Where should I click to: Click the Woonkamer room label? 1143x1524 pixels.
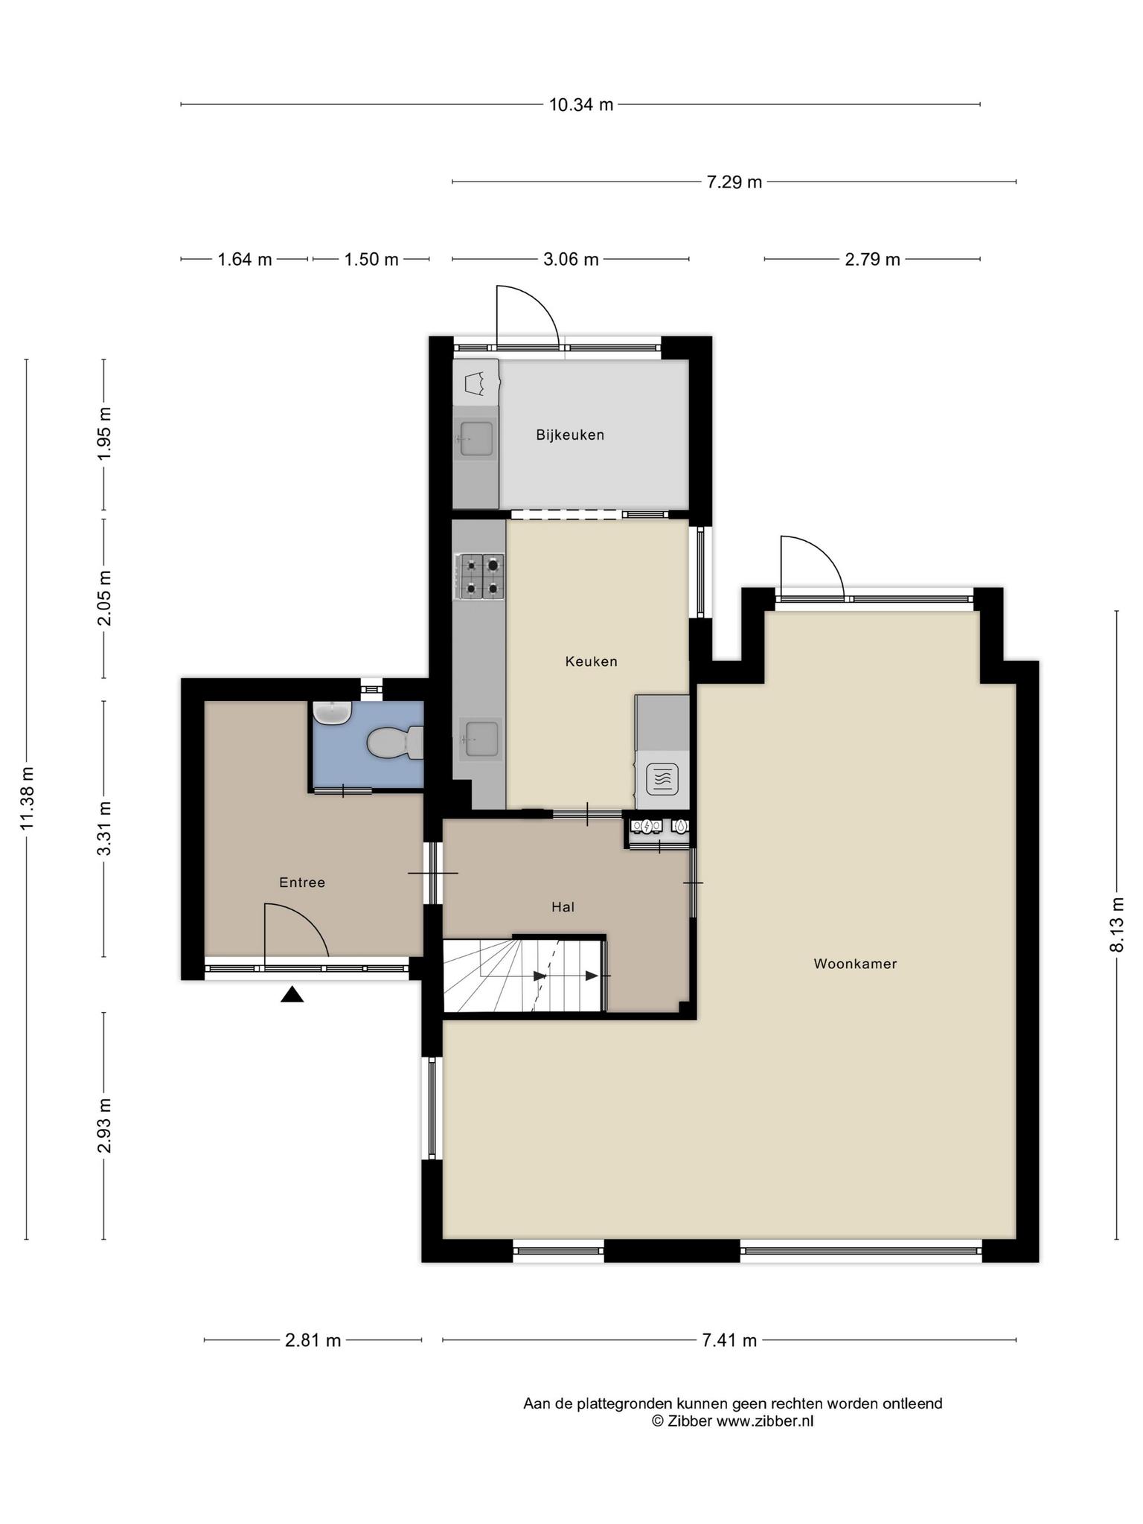coord(855,964)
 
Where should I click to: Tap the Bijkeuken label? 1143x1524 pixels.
coord(570,435)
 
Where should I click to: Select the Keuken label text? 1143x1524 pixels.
coord(591,662)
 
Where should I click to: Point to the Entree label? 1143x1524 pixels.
coord(302,883)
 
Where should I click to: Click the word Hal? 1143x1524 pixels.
coord(563,907)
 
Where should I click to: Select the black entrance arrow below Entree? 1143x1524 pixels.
coord(292,994)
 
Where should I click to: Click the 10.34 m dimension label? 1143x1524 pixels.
coord(581,105)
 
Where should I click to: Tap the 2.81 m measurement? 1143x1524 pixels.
coord(313,1340)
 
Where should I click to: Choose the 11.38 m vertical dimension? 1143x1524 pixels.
coord(27,798)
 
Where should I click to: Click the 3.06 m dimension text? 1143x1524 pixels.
coord(571,260)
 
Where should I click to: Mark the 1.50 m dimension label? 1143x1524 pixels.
coord(371,260)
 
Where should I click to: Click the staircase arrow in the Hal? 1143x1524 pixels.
coord(566,976)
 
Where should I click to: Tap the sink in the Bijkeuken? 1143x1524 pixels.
coord(475,438)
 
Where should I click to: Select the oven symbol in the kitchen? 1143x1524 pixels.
coord(662,779)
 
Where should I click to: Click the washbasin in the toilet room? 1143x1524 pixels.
coord(332,713)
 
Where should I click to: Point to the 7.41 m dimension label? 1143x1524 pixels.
coord(729,1340)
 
